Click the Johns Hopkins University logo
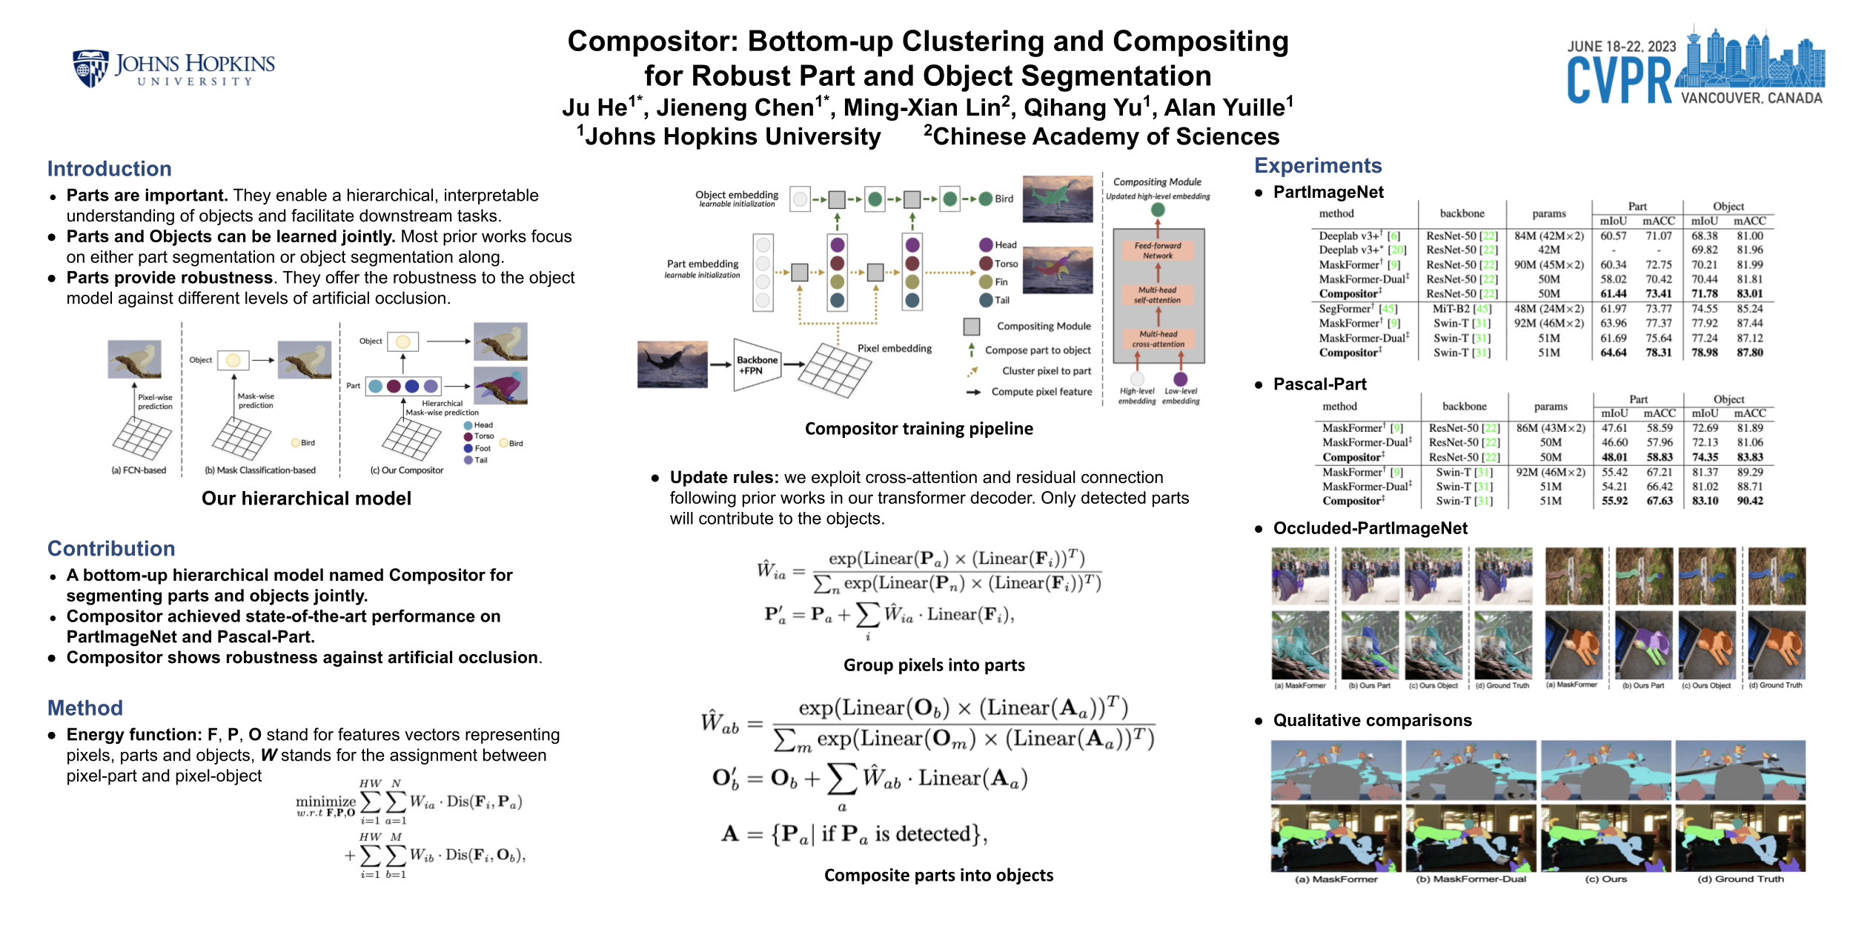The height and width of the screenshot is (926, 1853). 173,69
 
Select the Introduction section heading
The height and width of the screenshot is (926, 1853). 109,169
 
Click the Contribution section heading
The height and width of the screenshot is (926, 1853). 111,548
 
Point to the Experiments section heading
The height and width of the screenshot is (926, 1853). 1318,165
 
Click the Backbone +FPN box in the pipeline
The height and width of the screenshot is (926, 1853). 757,364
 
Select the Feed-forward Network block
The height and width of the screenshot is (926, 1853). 1158,250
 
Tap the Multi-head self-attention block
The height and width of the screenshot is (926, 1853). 1158,295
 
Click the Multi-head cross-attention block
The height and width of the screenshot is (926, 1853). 1158,339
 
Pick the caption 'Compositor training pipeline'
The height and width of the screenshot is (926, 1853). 918,428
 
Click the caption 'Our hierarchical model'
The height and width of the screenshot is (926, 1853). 306,498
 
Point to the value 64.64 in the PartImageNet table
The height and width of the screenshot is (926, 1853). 1613,353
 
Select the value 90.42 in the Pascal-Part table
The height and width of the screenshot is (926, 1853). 1749,501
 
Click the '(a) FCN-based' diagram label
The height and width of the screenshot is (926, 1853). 139,470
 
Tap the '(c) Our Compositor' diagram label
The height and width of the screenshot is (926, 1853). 406,470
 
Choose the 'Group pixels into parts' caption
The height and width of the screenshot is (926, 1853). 934,664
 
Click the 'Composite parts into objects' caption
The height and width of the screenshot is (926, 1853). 938,875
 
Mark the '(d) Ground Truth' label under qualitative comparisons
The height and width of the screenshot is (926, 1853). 1740,879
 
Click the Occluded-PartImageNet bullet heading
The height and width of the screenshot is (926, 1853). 1370,528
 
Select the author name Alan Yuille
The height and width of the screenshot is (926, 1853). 1224,108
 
